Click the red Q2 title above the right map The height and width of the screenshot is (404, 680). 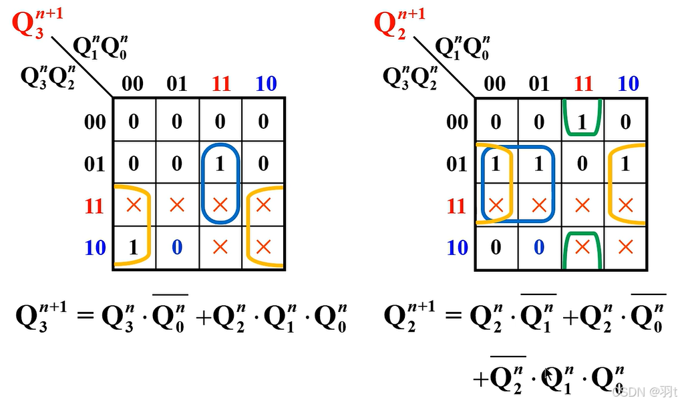[x=391, y=25]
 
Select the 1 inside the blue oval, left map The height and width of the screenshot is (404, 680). [x=220, y=163]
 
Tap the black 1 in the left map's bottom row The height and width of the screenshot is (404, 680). [x=133, y=248]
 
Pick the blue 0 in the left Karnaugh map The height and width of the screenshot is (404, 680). [x=176, y=248]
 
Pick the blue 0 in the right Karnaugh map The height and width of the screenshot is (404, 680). [x=539, y=248]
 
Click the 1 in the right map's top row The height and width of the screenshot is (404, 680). [x=582, y=122]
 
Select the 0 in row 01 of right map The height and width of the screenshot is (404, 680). [x=582, y=164]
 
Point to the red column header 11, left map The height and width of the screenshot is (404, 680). [x=220, y=84]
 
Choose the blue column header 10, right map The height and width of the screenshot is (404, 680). [x=628, y=84]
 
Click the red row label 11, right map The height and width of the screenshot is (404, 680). [x=457, y=206]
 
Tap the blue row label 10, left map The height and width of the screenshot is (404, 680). [x=95, y=248]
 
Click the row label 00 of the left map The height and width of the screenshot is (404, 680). [x=95, y=122]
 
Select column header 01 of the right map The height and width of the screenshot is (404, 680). [x=539, y=84]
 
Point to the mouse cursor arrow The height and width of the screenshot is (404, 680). [x=549, y=377]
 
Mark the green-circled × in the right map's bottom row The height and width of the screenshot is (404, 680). [x=582, y=248]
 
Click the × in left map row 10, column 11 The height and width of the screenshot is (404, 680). [x=220, y=248]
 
